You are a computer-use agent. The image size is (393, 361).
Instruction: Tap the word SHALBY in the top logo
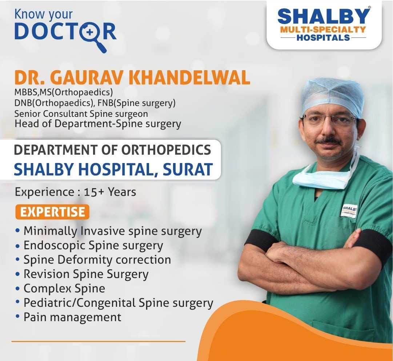(324, 17)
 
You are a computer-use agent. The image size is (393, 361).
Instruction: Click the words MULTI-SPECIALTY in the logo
(323, 29)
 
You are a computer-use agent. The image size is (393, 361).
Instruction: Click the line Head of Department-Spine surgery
(97, 124)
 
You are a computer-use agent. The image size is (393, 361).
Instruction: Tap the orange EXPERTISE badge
(52, 212)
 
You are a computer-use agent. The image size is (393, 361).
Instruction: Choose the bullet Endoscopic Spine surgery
(93, 245)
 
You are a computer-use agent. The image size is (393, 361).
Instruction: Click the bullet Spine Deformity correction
(97, 259)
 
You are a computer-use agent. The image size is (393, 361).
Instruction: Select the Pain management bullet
(72, 317)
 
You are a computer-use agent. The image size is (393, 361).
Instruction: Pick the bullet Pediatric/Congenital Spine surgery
(118, 302)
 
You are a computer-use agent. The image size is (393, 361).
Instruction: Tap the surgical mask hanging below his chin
(320, 179)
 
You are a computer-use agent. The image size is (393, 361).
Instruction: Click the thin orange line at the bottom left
(98, 341)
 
